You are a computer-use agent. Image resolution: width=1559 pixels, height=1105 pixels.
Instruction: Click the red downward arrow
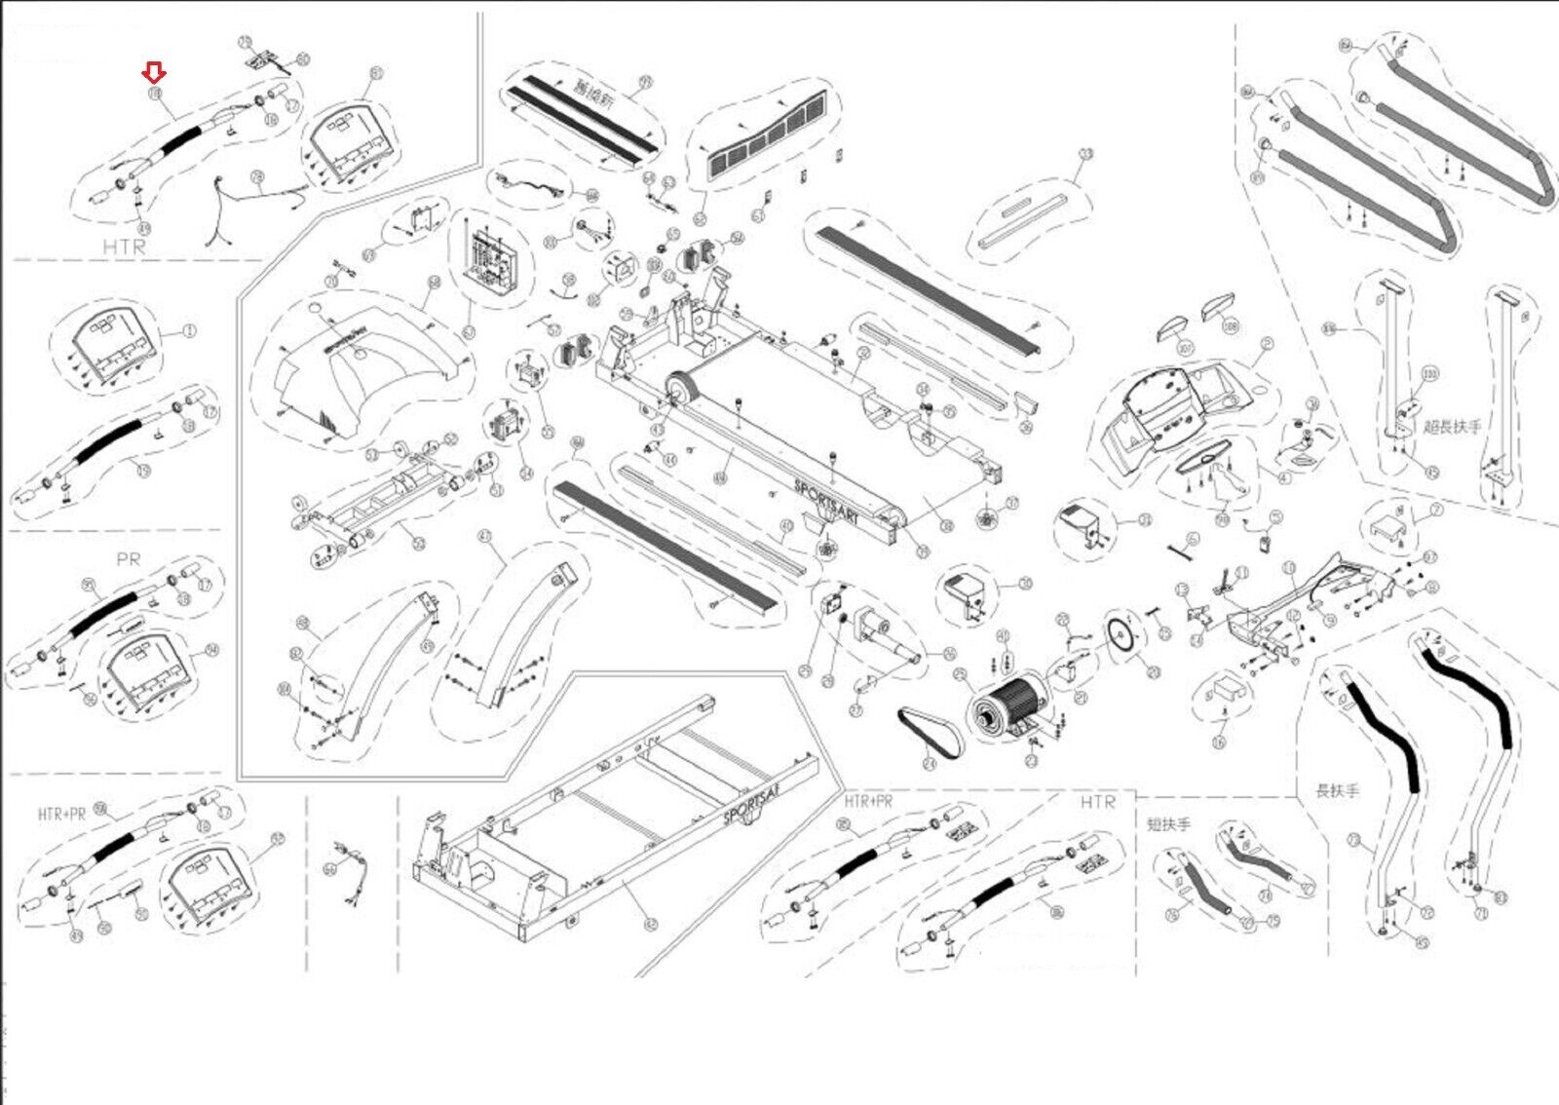(154, 71)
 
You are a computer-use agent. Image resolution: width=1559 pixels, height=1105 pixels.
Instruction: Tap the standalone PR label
(128, 559)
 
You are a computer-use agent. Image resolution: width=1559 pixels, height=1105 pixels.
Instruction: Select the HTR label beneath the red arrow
(124, 247)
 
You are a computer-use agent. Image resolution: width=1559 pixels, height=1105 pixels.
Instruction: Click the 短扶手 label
(1168, 824)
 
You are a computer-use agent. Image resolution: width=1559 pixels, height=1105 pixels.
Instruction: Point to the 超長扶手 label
(1452, 426)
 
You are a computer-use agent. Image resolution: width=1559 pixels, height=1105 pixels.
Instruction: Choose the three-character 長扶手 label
(1337, 790)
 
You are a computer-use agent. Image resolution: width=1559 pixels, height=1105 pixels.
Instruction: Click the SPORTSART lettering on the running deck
(827, 501)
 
